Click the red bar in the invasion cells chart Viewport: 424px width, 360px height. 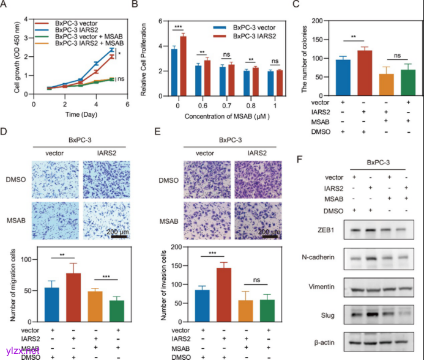tap(223, 294)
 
